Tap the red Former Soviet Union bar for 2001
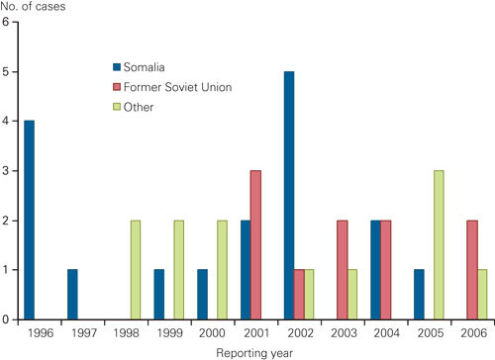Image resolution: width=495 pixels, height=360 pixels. [x=256, y=244]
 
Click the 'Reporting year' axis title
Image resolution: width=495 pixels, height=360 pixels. [x=251, y=351]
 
